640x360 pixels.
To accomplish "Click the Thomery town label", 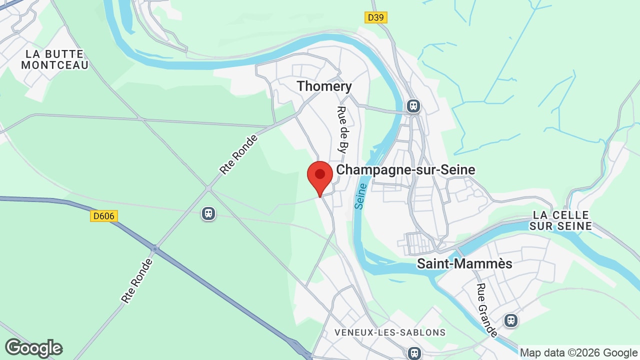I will click(324, 86).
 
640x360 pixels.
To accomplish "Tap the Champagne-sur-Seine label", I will click(405, 169).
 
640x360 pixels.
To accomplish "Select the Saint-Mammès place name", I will click(464, 263).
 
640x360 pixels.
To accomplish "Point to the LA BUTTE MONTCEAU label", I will click(55, 59).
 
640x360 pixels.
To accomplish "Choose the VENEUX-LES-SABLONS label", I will click(390, 332).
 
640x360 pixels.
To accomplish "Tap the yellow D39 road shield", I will click(376, 17).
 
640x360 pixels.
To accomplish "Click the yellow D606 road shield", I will click(103, 216).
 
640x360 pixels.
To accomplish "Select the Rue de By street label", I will click(342, 129).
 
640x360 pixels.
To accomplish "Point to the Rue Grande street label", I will click(486, 310).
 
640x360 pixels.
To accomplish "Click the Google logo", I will click(33, 348).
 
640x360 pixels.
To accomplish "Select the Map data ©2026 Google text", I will click(578, 353).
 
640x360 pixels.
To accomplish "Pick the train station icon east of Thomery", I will click(413, 106).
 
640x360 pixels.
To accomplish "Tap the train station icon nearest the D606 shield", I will click(208, 213).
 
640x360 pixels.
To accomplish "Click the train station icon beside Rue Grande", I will click(510, 320).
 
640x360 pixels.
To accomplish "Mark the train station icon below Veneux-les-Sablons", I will click(414, 353).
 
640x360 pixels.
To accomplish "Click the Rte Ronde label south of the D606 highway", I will click(136, 280).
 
